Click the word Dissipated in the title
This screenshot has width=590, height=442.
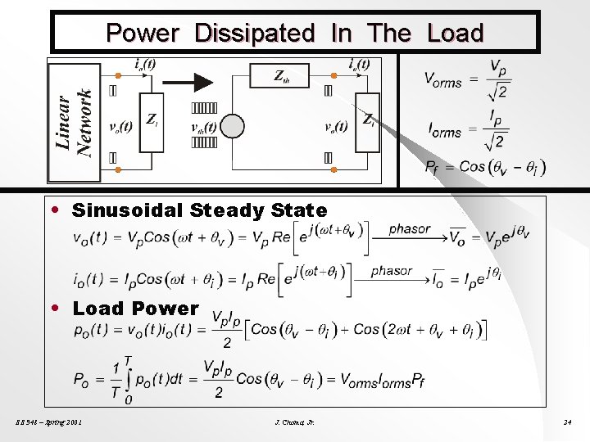click(254, 34)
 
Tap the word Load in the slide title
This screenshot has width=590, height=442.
click(455, 34)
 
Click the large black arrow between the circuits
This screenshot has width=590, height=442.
click(190, 82)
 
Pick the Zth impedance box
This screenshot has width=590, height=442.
click(281, 76)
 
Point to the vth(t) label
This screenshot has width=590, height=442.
click(203, 127)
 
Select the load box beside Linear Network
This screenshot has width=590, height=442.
click(152, 121)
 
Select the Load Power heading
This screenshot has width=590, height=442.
click(135, 309)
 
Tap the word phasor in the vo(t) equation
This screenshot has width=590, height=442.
click(409, 228)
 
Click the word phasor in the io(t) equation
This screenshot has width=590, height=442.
click(391, 271)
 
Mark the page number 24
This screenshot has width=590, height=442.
click(567, 422)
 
